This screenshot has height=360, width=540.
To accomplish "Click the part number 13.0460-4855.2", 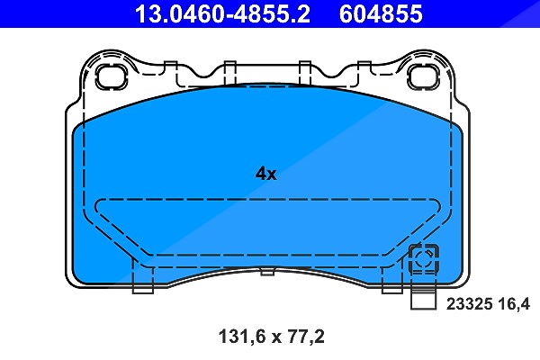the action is coord(222,13).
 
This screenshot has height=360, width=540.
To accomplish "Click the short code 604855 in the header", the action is coord(381,13).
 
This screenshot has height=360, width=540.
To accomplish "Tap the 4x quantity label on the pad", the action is coord(265,174).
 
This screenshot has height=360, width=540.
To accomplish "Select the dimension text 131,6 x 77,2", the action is coord(272,337).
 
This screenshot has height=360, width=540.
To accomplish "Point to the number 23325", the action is coord(470,304).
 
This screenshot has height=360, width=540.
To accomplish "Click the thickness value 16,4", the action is coord(514,304).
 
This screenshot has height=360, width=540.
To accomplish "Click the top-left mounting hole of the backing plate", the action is coord(112,77).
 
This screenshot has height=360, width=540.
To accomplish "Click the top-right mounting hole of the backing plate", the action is coord(423,77).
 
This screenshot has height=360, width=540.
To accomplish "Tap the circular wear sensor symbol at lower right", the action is coord(423,258).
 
